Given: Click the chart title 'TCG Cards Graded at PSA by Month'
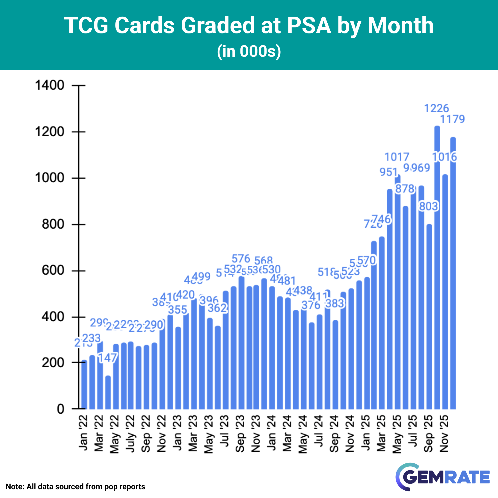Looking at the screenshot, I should click(249, 25).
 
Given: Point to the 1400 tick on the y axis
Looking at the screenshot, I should click(50, 85).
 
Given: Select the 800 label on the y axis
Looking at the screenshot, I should click(53, 224).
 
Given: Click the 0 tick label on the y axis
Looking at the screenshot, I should click(61, 409).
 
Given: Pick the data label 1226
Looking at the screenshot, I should click(436, 109).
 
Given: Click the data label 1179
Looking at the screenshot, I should click(452, 119).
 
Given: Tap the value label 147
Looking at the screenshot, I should click(108, 358).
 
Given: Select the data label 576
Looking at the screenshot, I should click(241, 258).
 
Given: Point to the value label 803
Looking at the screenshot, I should click(429, 206).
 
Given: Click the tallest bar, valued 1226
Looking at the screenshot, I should click(437, 268).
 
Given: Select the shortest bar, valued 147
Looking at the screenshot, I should click(108, 392).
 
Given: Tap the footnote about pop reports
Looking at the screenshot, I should click(75, 487).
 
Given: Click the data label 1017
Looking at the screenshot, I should click(397, 157).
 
